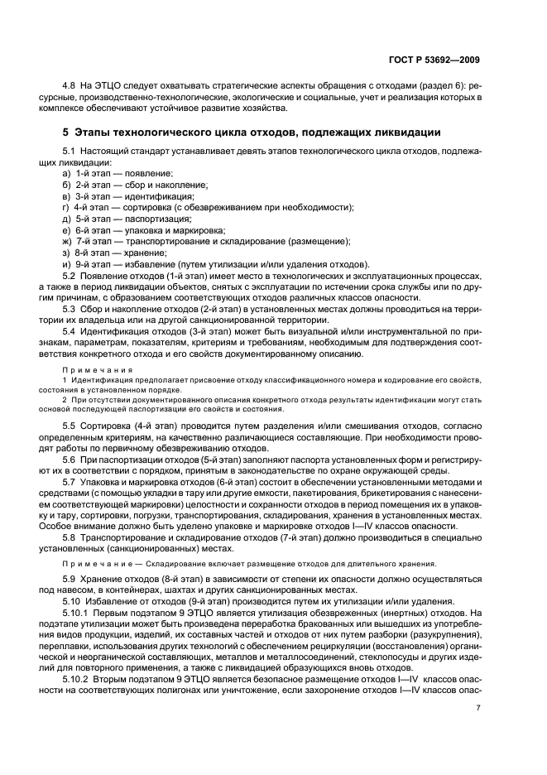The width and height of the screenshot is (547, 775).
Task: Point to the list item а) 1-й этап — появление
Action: click(118, 173)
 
